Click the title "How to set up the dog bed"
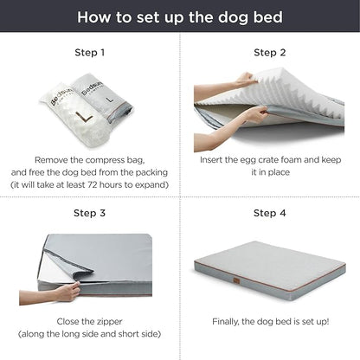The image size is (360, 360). (x=180, y=16)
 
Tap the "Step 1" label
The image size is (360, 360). (x=89, y=53)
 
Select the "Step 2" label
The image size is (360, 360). (x=270, y=53)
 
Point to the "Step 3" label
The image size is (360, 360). (x=89, y=213)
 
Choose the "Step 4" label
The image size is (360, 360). (x=270, y=213)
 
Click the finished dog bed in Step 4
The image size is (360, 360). (x=270, y=275)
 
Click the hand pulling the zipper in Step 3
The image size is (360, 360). (x=62, y=292)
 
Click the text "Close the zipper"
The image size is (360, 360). (x=89, y=320)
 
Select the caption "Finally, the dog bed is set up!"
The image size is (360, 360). (x=270, y=320)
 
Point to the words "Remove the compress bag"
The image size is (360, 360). (x=89, y=159)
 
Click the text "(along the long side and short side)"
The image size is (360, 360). (x=89, y=332)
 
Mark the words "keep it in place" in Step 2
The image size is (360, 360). (x=270, y=171)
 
